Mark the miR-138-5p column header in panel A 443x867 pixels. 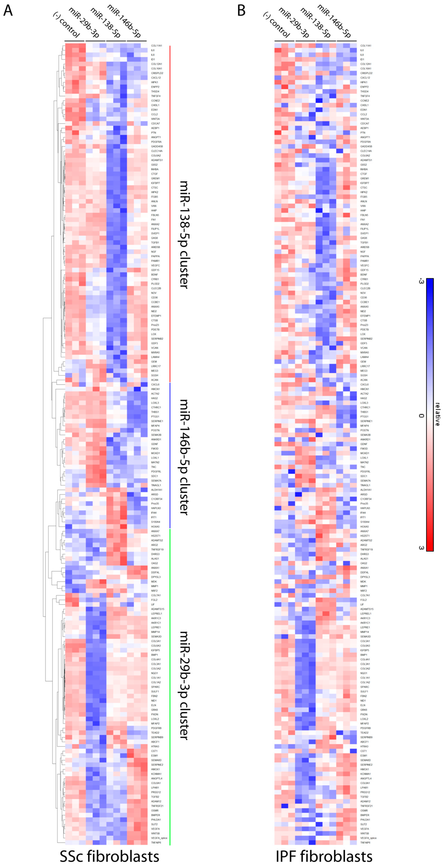click(105, 23)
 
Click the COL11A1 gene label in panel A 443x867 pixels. click(156, 46)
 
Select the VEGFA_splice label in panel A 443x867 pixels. click(159, 838)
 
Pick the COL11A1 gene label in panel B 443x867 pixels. click(366, 46)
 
